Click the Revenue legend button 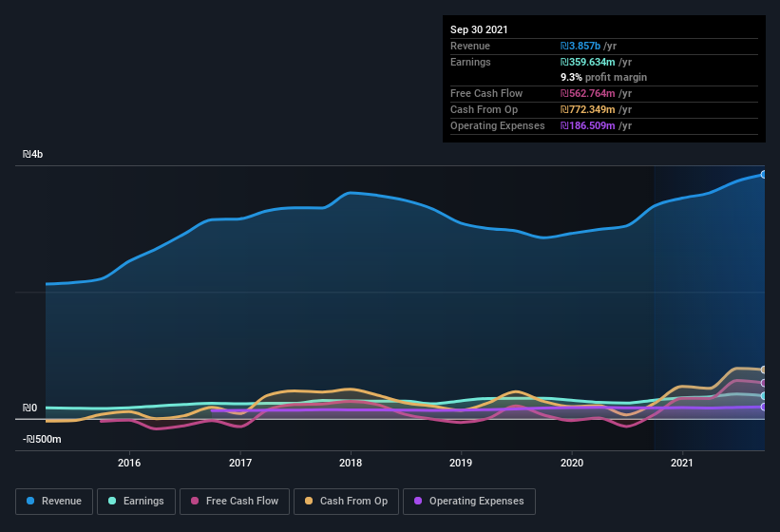[54, 501]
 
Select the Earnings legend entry [135, 501]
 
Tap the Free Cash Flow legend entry [235, 501]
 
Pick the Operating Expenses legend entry [469, 501]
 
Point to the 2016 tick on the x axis [129, 463]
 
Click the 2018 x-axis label [351, 463]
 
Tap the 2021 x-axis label [682, 463]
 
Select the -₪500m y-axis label [42, 439]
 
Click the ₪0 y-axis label [30, 408]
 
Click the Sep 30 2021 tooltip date [479, 29]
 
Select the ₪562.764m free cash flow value [596, 93]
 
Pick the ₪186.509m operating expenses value [596, 125]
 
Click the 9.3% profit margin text [603, 77]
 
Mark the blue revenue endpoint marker [764, 174]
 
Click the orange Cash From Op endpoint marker [764, 370]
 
